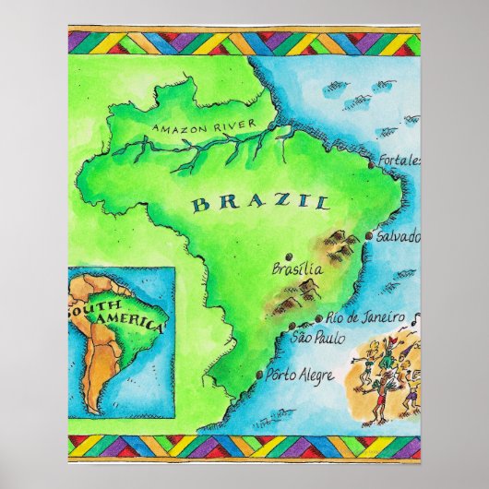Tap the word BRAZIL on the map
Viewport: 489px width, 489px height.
tap(260, 202)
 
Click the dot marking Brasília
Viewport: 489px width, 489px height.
tap(289, 256)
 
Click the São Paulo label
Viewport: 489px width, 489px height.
tap(313, 339)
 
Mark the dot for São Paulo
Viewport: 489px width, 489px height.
tap(292, 328)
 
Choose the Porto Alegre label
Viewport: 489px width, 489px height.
tap(297, 376)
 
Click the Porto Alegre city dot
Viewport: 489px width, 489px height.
tap(257, 375)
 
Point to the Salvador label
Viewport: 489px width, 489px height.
tap(399, 236)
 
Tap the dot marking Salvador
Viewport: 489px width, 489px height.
tap(370, 236)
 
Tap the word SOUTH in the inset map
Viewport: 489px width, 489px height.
tap(85, 308)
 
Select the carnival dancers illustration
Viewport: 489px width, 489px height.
tap(386, 374)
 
